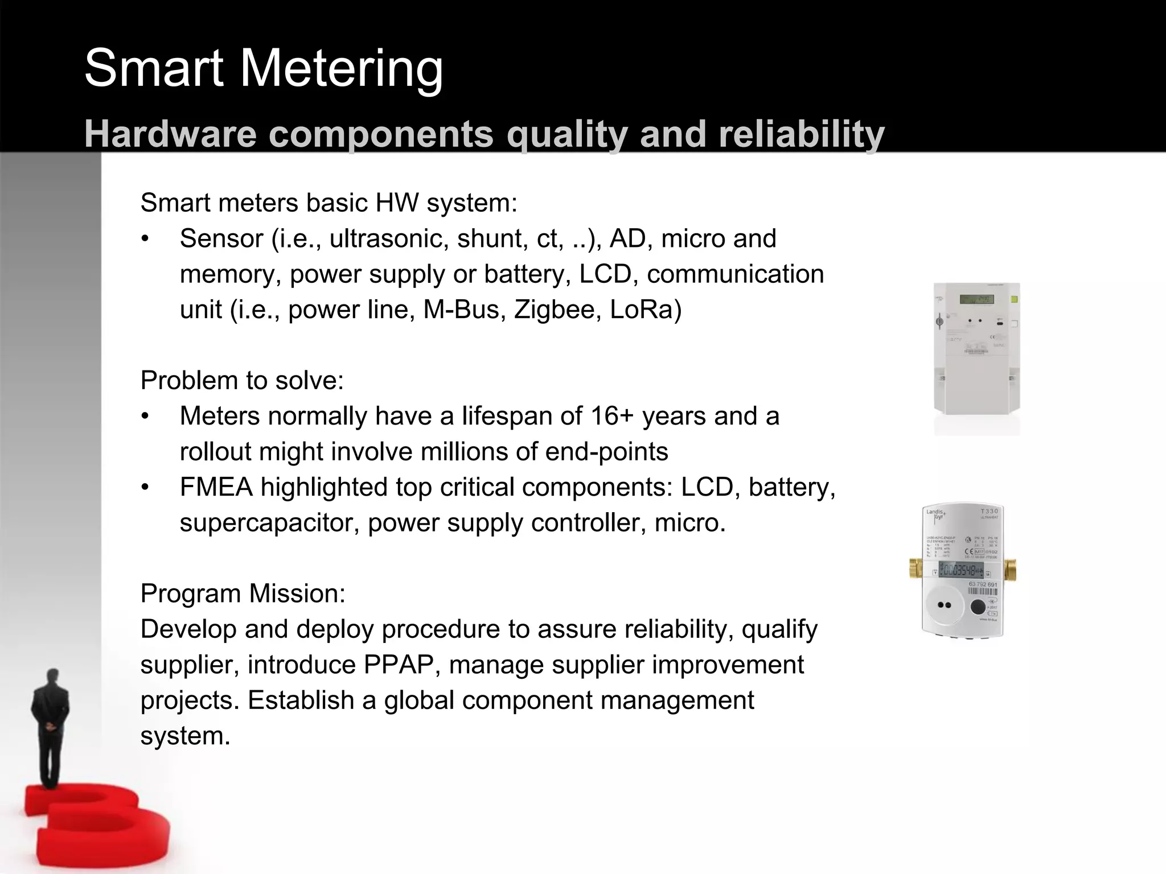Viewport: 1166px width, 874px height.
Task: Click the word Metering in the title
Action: coord(341,69)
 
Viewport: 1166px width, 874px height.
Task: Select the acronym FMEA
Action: coord(216,487)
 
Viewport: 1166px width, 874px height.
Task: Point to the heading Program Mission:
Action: coord(243,593)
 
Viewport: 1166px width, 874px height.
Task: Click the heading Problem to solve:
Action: coord(242,381)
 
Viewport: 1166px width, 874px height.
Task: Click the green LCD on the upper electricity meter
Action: coord(977,299)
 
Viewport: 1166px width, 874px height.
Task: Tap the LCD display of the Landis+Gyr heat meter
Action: coord(962,570)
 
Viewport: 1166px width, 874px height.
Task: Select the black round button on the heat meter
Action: coord(977,607)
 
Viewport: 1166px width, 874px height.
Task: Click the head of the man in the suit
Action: coord(52,677)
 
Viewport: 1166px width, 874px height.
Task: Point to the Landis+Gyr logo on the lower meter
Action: coord(935,514)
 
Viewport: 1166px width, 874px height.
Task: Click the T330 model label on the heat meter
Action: coord(989,512)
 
